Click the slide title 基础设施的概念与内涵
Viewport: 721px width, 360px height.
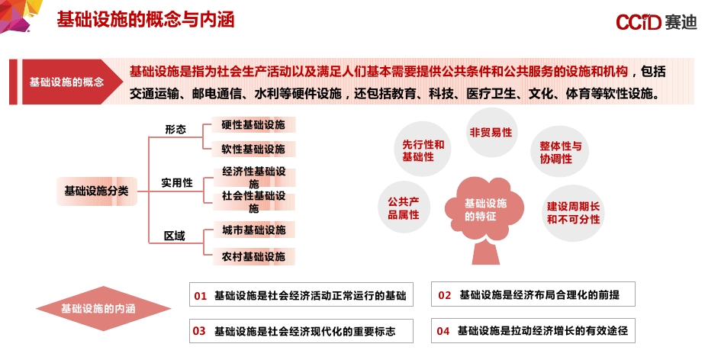145,20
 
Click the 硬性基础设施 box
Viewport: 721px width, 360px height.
253,125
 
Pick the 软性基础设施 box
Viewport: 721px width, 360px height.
253,149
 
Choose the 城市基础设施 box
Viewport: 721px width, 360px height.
253,230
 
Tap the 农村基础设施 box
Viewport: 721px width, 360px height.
253,256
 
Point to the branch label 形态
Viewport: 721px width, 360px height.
175,130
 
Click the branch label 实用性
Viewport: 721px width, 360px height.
176,183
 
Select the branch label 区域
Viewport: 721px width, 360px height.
175,236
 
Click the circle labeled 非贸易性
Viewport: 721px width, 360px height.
491,132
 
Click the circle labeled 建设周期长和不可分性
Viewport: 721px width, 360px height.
573,213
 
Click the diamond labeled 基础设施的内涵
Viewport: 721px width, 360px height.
98,309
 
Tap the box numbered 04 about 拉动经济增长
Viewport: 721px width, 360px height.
533,331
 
